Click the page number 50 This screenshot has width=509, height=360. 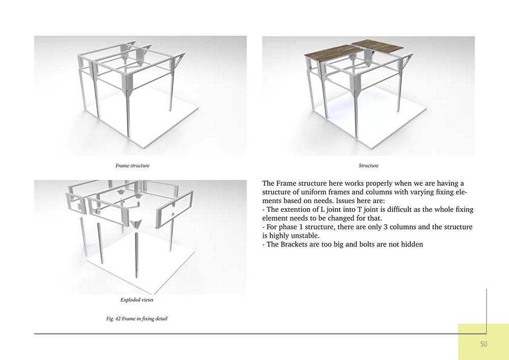[x=483, y=344]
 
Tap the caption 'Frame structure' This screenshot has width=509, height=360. [x=132, y=165]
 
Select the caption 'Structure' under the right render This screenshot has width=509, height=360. [x=369, y=165]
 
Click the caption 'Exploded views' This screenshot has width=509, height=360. [x=136, y=300]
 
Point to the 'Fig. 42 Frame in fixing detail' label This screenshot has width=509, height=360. [x=136, y=319]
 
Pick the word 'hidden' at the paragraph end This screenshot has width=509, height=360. [x=411, y=244]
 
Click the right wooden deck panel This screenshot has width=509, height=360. [x=377, y=46]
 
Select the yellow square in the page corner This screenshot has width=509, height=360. [x=483, y=341]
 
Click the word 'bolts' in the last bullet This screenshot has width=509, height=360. [x=357, y=244]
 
